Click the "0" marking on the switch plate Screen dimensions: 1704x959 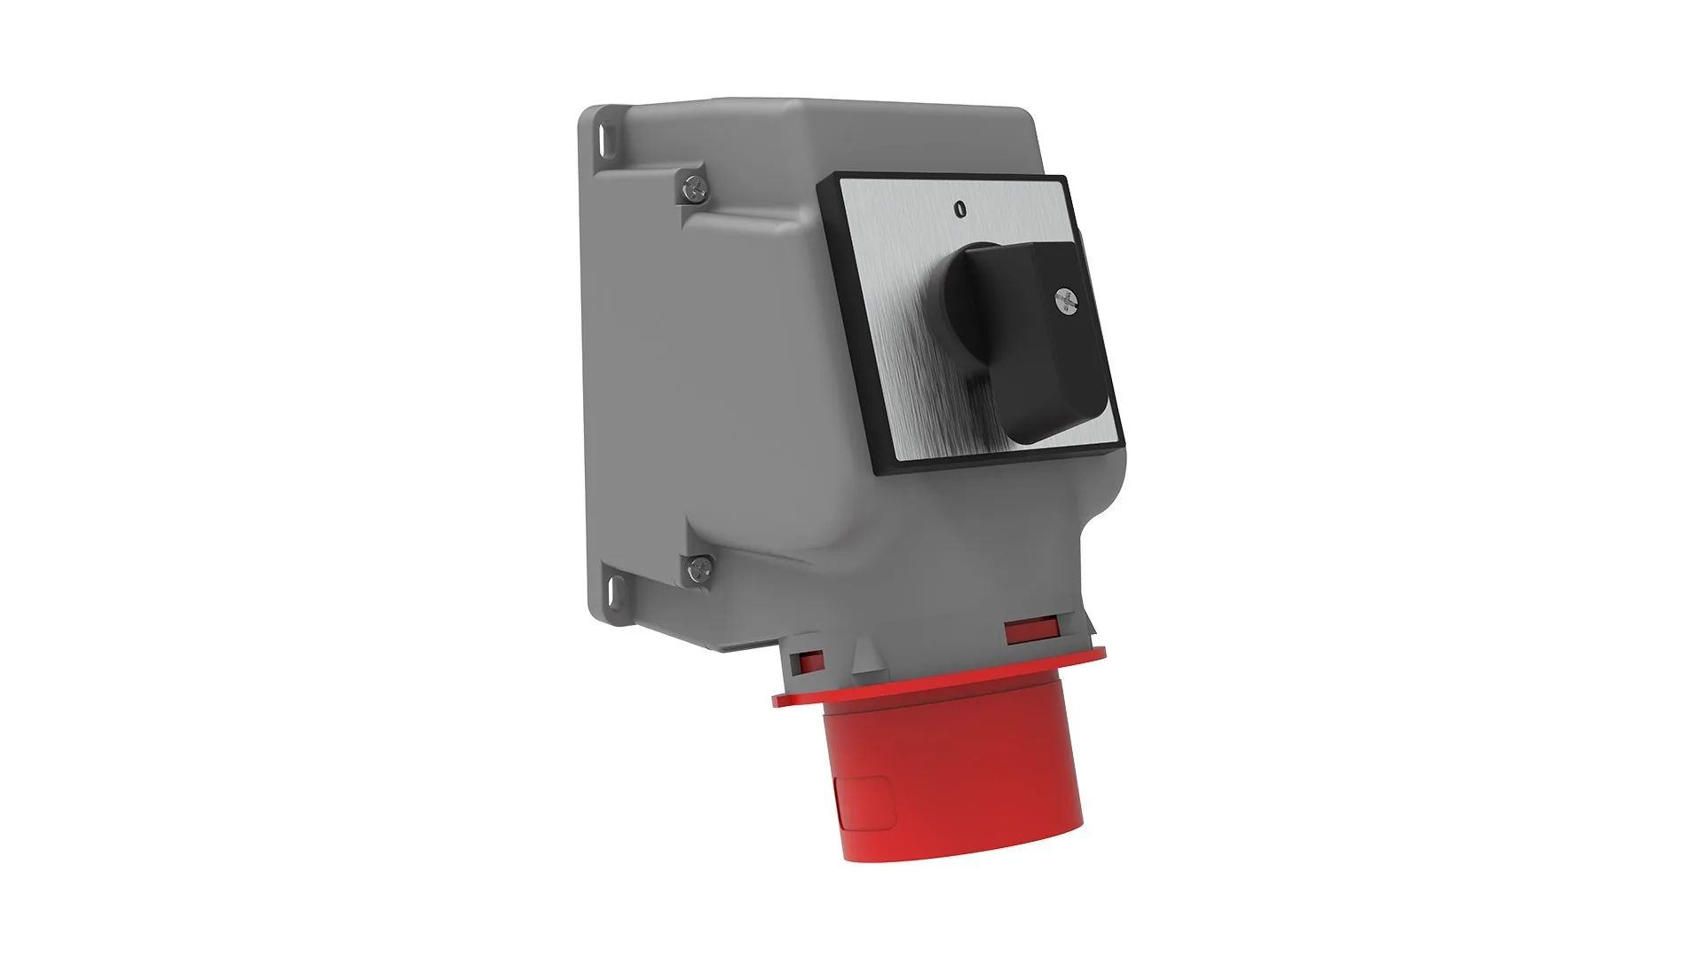point(958,210)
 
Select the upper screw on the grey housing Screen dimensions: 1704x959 point(695,186)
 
